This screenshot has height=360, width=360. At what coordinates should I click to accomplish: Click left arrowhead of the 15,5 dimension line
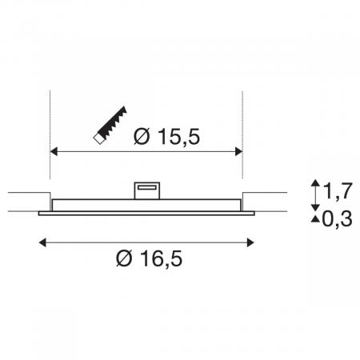pyautogui.click(x=54, y=150)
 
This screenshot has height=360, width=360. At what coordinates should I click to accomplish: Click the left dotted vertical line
pyautogui.click(x=50, y=120)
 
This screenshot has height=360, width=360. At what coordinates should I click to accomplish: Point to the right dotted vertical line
pyautogui.click(x=242, y=120)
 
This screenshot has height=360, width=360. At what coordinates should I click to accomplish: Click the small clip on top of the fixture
pyautogui.click(x=146, y=188)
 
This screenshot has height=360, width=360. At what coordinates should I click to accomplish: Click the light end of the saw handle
pyautogui.click(x=98, y=138)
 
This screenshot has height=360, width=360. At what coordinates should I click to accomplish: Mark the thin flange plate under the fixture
pyautogui.click(x=146, y=212)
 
